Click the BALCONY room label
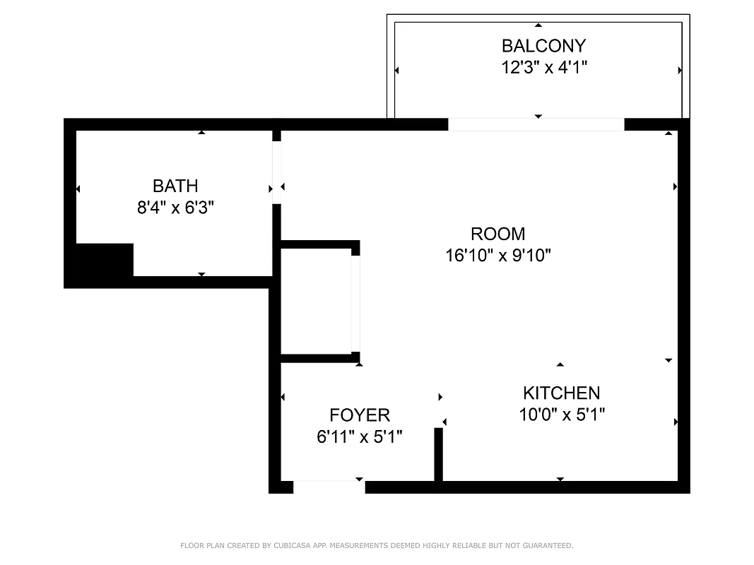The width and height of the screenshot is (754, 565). click(543, 46)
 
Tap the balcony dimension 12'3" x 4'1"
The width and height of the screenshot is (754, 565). click(543, 68)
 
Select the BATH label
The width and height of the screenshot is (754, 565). click(175, 186)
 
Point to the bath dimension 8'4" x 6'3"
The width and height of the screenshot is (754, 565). click(175, 208)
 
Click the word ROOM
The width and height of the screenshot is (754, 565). click(497, 233)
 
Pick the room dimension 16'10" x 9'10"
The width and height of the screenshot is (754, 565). click(497, 255)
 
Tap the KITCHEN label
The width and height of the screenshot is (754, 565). click(561, 393)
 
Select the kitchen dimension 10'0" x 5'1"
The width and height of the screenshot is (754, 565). click(561, 415)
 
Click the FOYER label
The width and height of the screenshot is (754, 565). click(360, 415)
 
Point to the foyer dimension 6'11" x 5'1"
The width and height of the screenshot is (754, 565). click(360, 437)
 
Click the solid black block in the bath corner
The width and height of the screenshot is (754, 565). click(104, 260)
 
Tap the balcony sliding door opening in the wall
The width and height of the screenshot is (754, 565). click(536, 125)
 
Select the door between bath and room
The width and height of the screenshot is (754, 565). click(277, 172)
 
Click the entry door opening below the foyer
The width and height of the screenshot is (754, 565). click(329, 487)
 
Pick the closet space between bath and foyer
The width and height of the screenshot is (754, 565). click(316, 302)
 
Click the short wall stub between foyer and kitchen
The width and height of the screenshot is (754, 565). click(438, 453)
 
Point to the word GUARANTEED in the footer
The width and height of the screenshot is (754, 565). click(548, 546)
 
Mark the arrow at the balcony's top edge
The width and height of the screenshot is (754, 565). click(538, 25)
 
